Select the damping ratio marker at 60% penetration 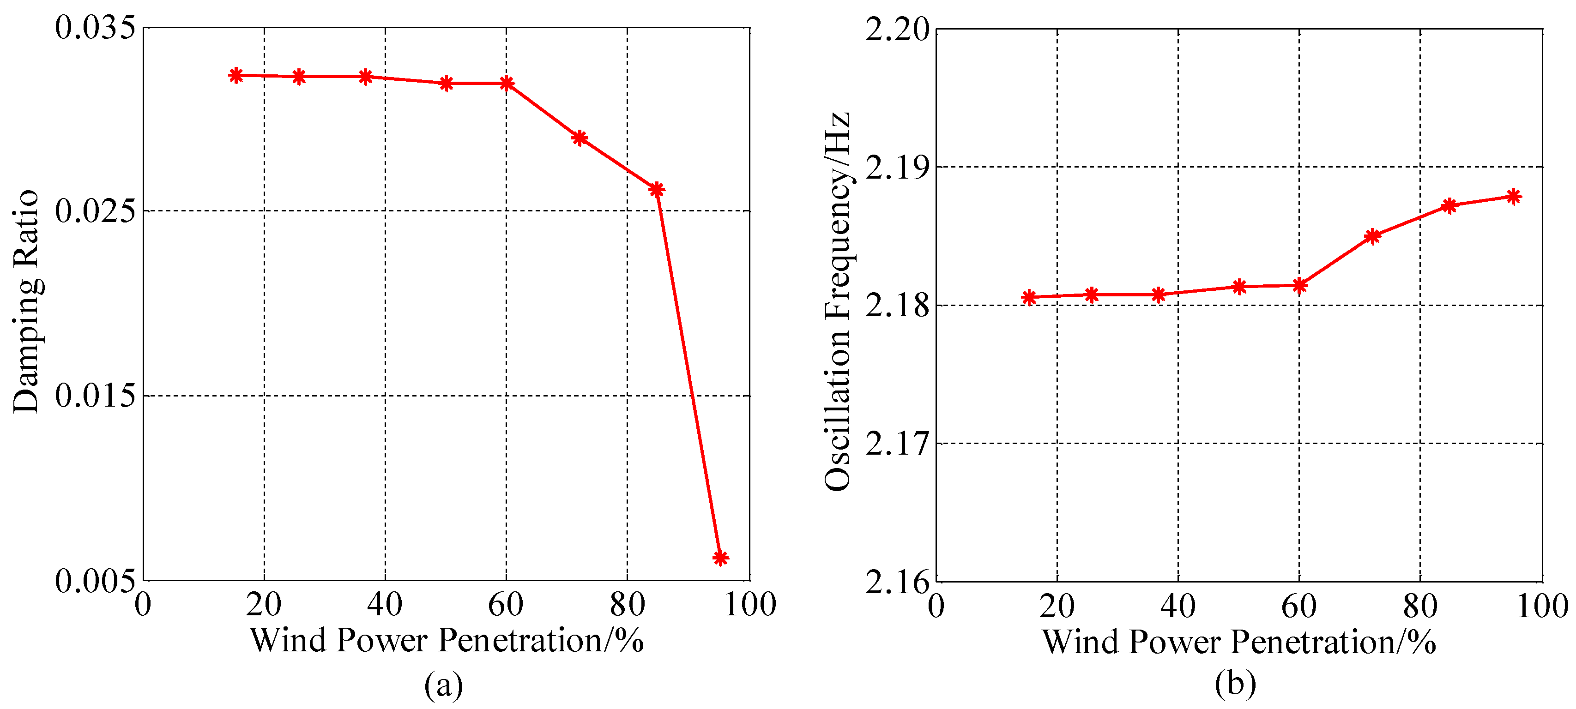[x=507, y=83]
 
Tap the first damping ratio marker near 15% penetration [x=235, y=75]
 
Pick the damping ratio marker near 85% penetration [x=657, y=190]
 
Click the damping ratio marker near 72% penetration [x=580, y=138]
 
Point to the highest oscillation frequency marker [x=1513, y=196]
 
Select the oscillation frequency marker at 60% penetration [x=1299, y=285]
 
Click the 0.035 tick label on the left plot [x=95, y=28]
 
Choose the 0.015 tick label [x=95, y=396]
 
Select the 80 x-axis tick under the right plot [x=1419, y=606]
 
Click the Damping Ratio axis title [x=26, y=301]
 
